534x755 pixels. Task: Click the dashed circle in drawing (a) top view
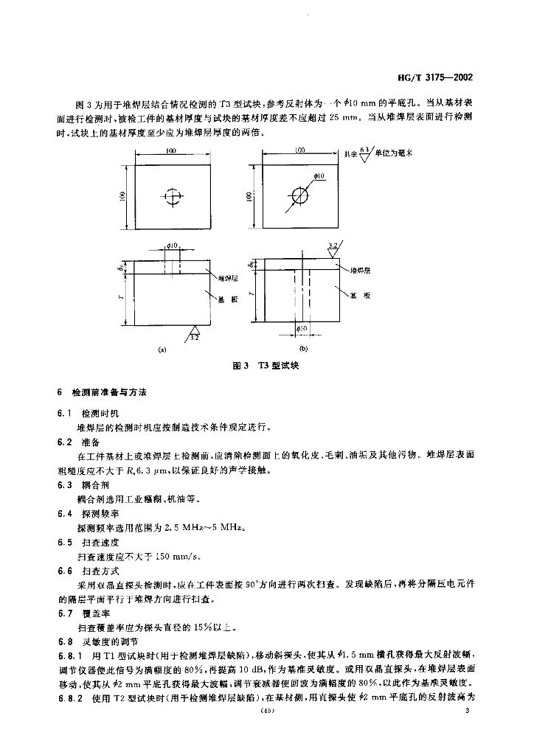click(x=172, y=196)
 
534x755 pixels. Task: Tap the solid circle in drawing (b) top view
click(x=301, y=196)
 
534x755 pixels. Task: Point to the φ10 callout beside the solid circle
click(x=319, y=175)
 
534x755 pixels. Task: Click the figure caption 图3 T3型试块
click(x=264, y=366)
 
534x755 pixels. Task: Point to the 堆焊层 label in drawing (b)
click(x=361, y=271)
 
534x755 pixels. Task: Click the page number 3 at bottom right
click(x=468, y=710)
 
